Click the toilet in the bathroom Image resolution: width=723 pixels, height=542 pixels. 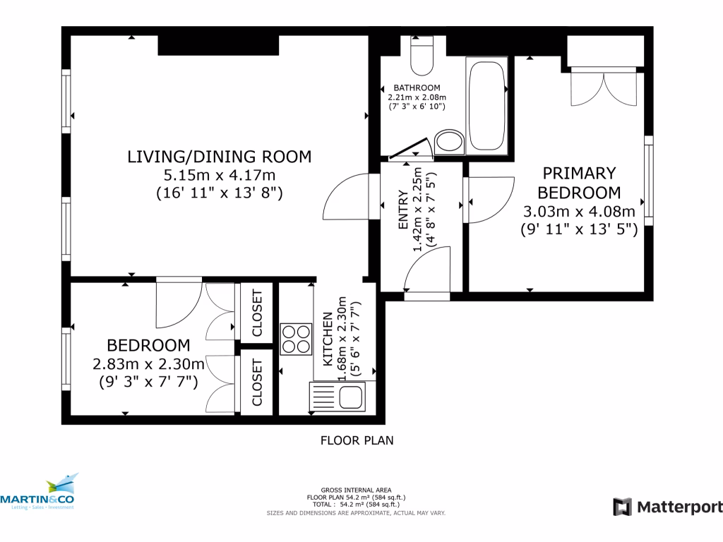pyautogui.click(x=422, y=56)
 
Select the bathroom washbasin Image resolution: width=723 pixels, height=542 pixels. pyautogui.click(x=448, y=141)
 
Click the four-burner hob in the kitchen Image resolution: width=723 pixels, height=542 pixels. pyautogui.click(x=296, y=338)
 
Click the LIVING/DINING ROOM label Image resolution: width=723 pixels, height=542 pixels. pyautogui.click(x=219, y=157)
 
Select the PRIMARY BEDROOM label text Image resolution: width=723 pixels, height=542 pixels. pyautogui.click(x=579, y=183)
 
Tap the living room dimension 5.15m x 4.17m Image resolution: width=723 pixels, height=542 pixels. pyautogui.click(x=219, y=175)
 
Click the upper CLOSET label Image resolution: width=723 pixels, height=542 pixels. pyautogui.click(x=257, y=313)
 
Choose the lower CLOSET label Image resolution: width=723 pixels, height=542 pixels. pyautogui.click(x=257, y=383)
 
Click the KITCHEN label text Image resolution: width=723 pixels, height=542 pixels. pyautogui.click(x=328, y=340)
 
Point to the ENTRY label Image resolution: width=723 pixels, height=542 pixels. pyautogui.click(x=403, y=210)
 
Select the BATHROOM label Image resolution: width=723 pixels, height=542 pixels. pyautogui.click(x=417, y=88)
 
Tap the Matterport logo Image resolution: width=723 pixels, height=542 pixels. pyautogui.click(x=667, y=507)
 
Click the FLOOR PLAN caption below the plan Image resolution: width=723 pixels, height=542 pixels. pyautogui.click(x=357, y=440)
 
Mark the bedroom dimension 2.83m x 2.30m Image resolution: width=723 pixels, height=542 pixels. pyautogui.click(x=148, y=364)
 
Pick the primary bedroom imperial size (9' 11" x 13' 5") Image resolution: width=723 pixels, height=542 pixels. pyautogui.click(x=579, y=229)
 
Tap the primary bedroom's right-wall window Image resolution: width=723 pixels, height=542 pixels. pyautogui.click(x=648, y=181)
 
